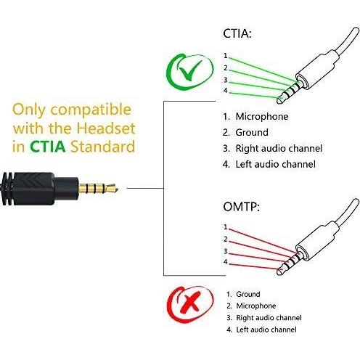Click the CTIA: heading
click(237, 33)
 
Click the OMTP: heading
click(241, 207)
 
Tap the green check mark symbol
click(190, 70)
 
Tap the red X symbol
click(191, 302)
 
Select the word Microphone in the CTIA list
click(262, 116)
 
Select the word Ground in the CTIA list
click(252, 132)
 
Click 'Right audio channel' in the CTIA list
click(279, 148)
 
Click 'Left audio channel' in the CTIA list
click(275, 164)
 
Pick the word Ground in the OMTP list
click(248, 294)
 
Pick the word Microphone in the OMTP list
click(256, 306)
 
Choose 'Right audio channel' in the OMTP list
click(269, 318)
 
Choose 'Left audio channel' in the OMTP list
click(266, 330)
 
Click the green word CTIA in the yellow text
click(48, 147)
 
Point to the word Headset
click(106, 128)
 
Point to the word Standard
click(102, 147)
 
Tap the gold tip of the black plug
click(112, 189)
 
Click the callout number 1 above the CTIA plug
click(226, 56)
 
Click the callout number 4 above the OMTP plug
click(226, 262)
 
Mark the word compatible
click(91, 110)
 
